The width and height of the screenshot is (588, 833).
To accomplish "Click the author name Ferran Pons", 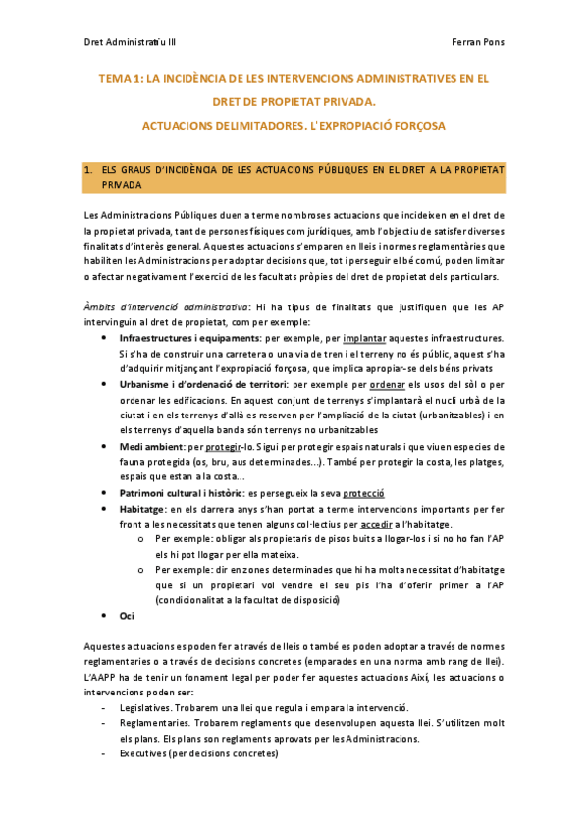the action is [477, 44].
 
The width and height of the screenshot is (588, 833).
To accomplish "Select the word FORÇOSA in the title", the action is [411, 126].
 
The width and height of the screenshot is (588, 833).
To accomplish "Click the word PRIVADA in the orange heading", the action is [123, 184].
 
